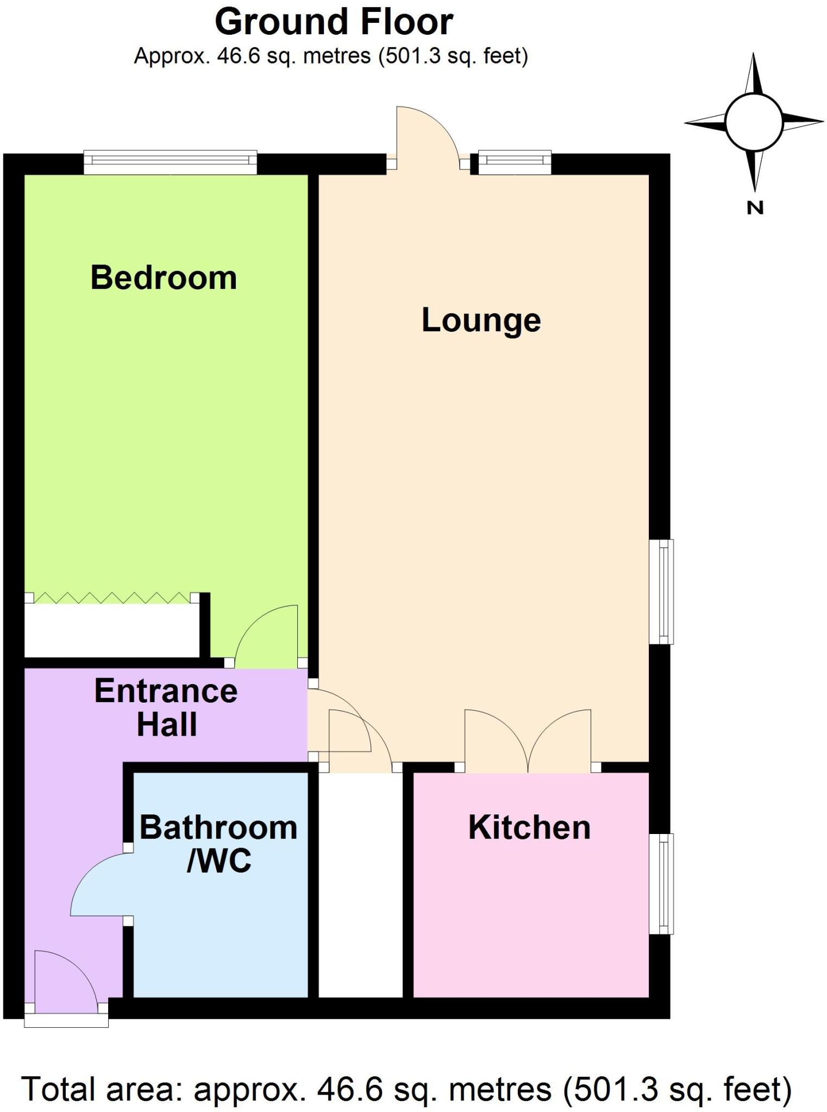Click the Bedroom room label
click(164, 278)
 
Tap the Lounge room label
click(481, 320)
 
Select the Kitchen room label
click(529, 827)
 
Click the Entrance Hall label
click(166, 707)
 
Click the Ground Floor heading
click(334, 22)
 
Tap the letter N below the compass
click(755, 207)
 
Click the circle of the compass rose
click(754, 122)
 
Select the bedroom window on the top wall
click(170, 161)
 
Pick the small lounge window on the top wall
click(514, 161)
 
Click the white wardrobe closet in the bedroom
click(111, 630)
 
